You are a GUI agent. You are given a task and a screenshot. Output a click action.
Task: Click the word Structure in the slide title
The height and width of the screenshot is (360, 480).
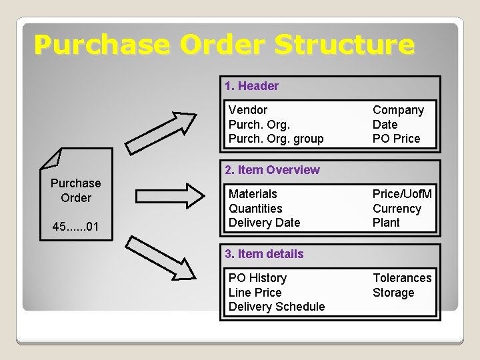click(x=344, y=45)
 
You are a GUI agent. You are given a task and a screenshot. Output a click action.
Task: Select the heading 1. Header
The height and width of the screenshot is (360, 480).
click(x=251, y=86)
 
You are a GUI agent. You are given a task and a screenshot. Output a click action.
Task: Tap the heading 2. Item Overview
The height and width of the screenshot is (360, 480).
click(x=272, y=170)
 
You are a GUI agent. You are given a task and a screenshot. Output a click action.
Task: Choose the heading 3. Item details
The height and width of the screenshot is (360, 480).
click(x=264, y=254)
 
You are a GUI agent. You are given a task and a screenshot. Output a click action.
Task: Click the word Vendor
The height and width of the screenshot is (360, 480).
click(x=247, y=110)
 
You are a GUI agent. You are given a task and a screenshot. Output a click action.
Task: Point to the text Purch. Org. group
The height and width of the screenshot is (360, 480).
click(x=275, y=139)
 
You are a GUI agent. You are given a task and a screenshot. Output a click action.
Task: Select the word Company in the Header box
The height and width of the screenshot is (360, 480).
click(x=398, y=110)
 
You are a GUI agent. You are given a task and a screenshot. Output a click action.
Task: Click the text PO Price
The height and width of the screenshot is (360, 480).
click(x=396, y=139)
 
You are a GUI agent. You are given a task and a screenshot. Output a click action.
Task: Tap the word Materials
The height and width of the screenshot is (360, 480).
click(x=253, y=194)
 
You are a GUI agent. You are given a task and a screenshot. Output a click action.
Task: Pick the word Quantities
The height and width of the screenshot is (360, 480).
click(x=255, y=209)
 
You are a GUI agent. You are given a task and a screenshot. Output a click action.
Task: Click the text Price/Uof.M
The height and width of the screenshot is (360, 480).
click(x=402, y=194)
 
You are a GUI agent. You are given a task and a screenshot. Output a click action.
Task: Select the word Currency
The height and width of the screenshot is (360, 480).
click(x=397, y=209)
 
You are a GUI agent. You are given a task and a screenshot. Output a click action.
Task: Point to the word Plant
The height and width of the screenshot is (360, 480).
click(x=386, y=223)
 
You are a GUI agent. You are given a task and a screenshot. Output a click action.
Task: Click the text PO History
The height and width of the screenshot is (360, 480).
click(x=257, y=278)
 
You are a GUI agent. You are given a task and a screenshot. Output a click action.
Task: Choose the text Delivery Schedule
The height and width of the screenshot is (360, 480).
click(x=277, y=307)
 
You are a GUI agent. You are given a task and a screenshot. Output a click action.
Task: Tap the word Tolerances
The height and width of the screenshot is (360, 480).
click(x=402, y=278)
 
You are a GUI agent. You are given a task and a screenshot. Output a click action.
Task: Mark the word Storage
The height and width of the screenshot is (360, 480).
click(x=393, y=293)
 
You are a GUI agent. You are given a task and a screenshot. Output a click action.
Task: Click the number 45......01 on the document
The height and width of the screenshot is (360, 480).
click(x=75, y=228)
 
